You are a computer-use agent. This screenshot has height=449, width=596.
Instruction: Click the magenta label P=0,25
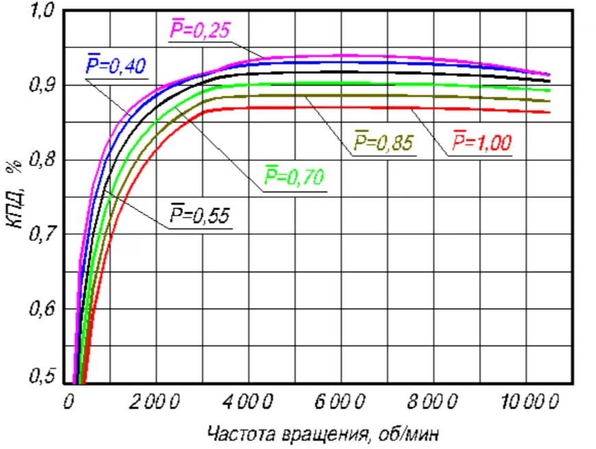(x=199, y=31)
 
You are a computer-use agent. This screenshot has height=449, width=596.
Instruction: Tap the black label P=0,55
(x=200, y=216)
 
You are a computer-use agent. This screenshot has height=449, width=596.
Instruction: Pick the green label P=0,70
(x=295, y=179)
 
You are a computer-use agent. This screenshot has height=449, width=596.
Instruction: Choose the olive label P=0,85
(x=383, y=142)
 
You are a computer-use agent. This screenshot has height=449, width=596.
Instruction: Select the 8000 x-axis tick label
(x=434, y=402)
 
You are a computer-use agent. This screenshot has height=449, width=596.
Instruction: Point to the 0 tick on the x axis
(x=68, y=402)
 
